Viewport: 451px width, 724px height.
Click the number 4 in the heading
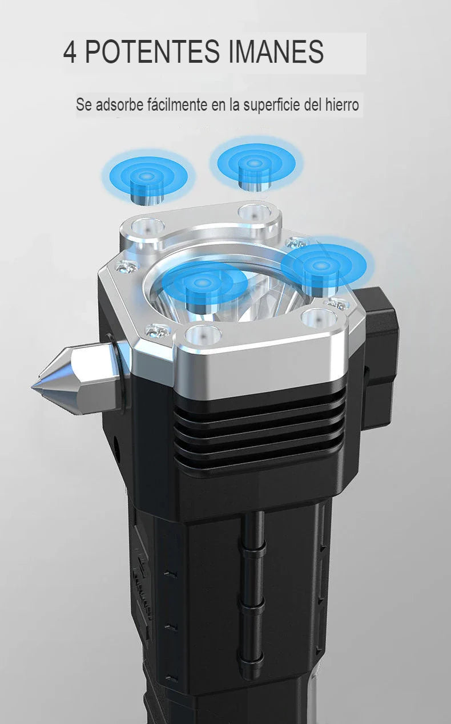click(x=70, y=52)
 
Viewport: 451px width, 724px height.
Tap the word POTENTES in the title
click(x=152, y=52)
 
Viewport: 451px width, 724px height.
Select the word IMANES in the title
click(x=276, y=52)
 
